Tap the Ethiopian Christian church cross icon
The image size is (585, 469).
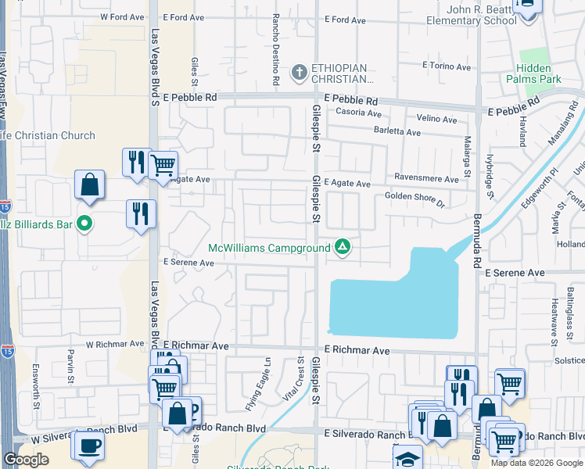[298, 73]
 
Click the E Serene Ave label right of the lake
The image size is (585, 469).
[514, 273]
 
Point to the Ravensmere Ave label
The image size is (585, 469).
[426, 179]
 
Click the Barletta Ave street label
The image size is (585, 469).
[397, 132]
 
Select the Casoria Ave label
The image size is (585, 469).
[358, 113]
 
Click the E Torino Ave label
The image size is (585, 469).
[446, 66]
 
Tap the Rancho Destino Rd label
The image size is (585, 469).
[276, 48]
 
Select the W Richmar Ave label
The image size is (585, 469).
[115, 343]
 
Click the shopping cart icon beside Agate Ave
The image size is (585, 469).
[163, 165]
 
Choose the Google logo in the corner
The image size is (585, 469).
[26, 460]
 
